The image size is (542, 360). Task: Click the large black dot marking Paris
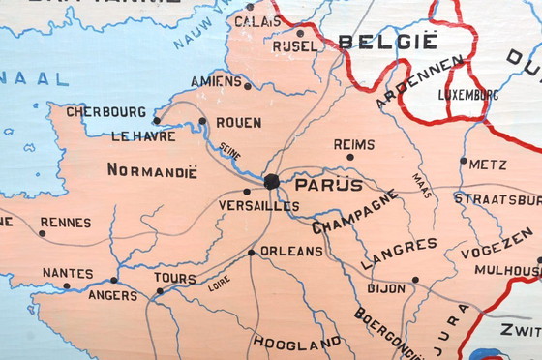coord(272,181)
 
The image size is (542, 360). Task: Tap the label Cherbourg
coord(105,112)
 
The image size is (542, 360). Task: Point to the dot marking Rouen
coord(202,121)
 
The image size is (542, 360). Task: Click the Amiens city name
coord(216,81)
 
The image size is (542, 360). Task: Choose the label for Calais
coord(252,20)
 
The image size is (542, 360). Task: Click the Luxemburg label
coord(468,96)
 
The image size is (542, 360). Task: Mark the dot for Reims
coord(350,157)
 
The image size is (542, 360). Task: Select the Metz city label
coord(488,165)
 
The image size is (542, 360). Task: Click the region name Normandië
coord(152,171)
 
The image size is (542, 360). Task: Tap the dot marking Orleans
coord(251,253)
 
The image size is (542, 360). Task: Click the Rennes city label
coord(65,223)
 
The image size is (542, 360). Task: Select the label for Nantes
coord(68,274)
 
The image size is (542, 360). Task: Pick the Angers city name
coord(112,295)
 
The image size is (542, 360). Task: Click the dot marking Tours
coord(160,290)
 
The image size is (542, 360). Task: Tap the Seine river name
coord(230,153)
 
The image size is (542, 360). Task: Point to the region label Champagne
coord(354,213)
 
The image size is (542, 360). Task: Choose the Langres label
coord(399,254)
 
